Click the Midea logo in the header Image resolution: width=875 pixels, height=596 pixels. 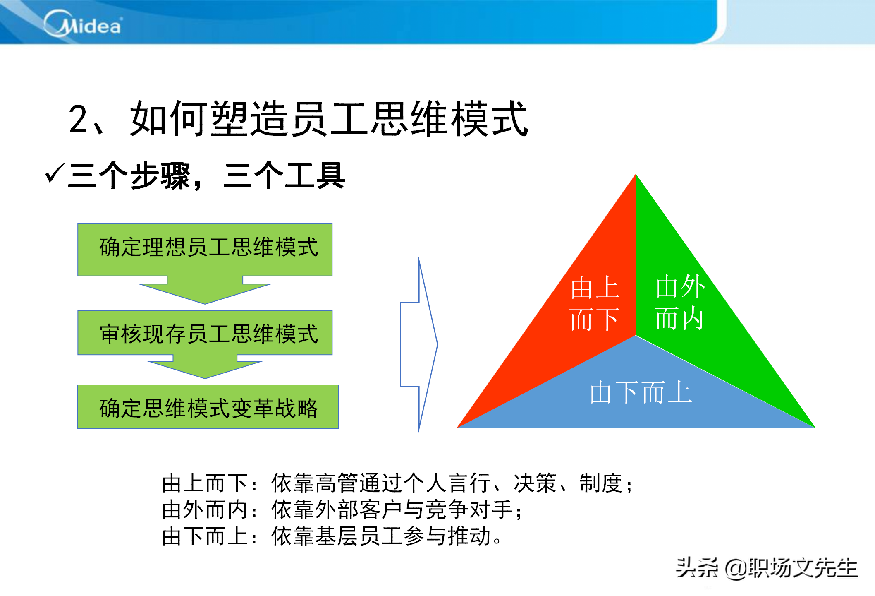pyautogui.click(x=83, y=24)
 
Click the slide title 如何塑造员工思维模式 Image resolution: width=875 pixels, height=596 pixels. pyautogui.click(x=329, y=119)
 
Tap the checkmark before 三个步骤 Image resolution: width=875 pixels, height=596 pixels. pyautogui.click(x=55, y=173)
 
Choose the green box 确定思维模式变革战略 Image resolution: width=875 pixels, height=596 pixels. pyautogui.click(x=208, y=406)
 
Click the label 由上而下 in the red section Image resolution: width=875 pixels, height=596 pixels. pyautogui.click(x=595, y=303)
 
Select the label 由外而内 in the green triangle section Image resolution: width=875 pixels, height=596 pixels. pyautogui.click(x=680, y=302)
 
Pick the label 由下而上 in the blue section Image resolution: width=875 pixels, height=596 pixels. pyautogui.click(x=641, y=392)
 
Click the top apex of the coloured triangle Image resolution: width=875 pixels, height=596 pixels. pyautogui.click(x=636, y=174)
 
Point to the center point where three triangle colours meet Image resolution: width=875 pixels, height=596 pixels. pyautogui.click(x=636, y=335)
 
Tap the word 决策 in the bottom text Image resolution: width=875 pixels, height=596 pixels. pyautogui.click(x=535, y=483)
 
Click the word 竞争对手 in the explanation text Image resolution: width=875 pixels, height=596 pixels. pyautogui.click(x=469, y=509)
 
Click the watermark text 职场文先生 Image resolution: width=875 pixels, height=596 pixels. pyautogui.click(x=803, y=567)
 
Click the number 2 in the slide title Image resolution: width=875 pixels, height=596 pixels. pyautogui.click(x=78, y=119)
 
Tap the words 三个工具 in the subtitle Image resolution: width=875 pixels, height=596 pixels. pyautogui.click(x=284, y=175)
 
